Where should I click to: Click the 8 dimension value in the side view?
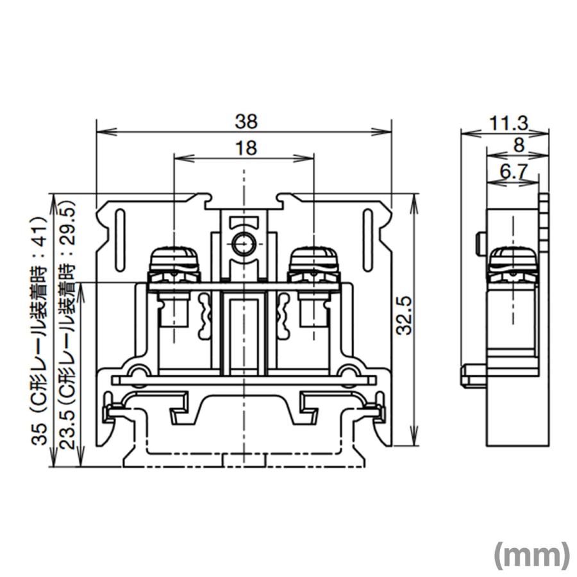tap(519, 146)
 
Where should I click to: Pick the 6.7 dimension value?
tap(512, 172)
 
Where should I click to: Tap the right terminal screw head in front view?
tap(314, 260)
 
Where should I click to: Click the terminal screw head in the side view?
tap(512, 260)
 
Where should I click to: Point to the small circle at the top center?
tap(243, 244)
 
